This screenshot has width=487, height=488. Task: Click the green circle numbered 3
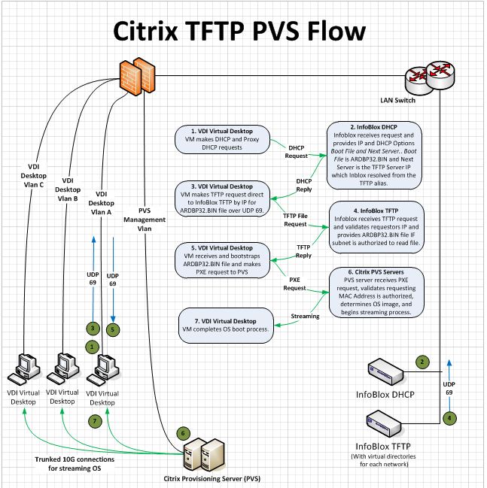(x=91, y=328)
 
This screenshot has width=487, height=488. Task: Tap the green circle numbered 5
(x=114, y=328)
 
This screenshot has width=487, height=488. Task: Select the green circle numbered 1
(x=92, y=347)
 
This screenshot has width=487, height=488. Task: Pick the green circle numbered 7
(x=94, y=421)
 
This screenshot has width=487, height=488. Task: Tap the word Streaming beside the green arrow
(x=305, y=317)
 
